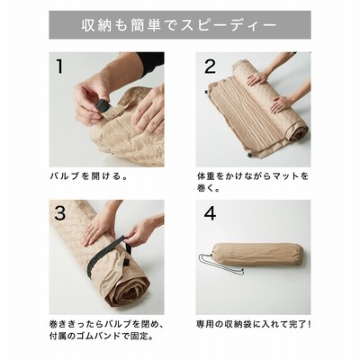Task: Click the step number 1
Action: click(x=59, y=66)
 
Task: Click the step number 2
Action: click(x=210, y=66)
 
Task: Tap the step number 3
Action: click(x=60, y=213)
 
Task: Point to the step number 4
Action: click(x=210, y=213)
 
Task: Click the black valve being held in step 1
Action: click(x=102, y=104)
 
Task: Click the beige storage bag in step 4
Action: click(x=260, y=256)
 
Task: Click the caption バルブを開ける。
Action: click(x=89, y=175)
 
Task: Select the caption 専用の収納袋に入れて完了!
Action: click(x=254, y=324)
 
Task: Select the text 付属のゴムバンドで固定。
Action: click(x=102, y=336)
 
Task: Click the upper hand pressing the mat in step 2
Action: click(x=258, y=78)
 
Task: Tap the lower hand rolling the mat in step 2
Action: click(x=282, y=104)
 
